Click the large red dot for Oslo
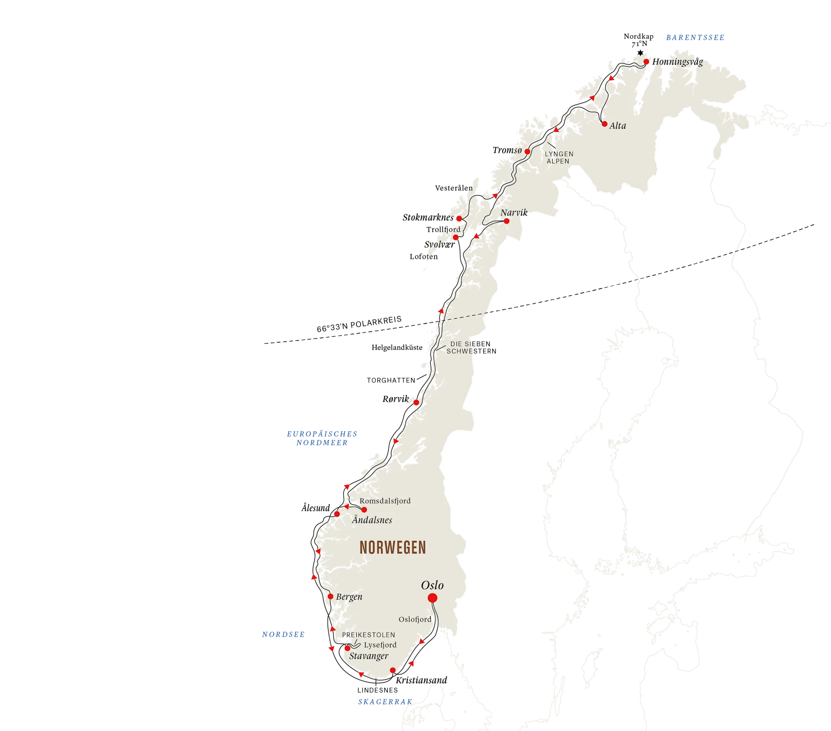tap(432, 598)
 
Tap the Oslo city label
tap(432, 585)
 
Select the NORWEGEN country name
tap(393, 548)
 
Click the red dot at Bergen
tap(331, 596)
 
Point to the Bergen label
tap(349, 597)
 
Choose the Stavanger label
tap(369, 656)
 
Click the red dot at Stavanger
tap(348, 648)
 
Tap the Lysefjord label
tap(380, 645)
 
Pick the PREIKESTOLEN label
tap(368, 635)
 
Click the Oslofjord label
tap(415, 620)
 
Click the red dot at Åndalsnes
tap(364, 510)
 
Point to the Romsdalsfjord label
tap(385, 501)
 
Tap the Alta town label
tap(618, 126)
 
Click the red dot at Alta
tap(605, 124)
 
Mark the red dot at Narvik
tap(506, 221)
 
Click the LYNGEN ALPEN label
tap(559, 158)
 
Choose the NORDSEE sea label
tap(283, 634)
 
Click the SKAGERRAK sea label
tap(385, 702)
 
